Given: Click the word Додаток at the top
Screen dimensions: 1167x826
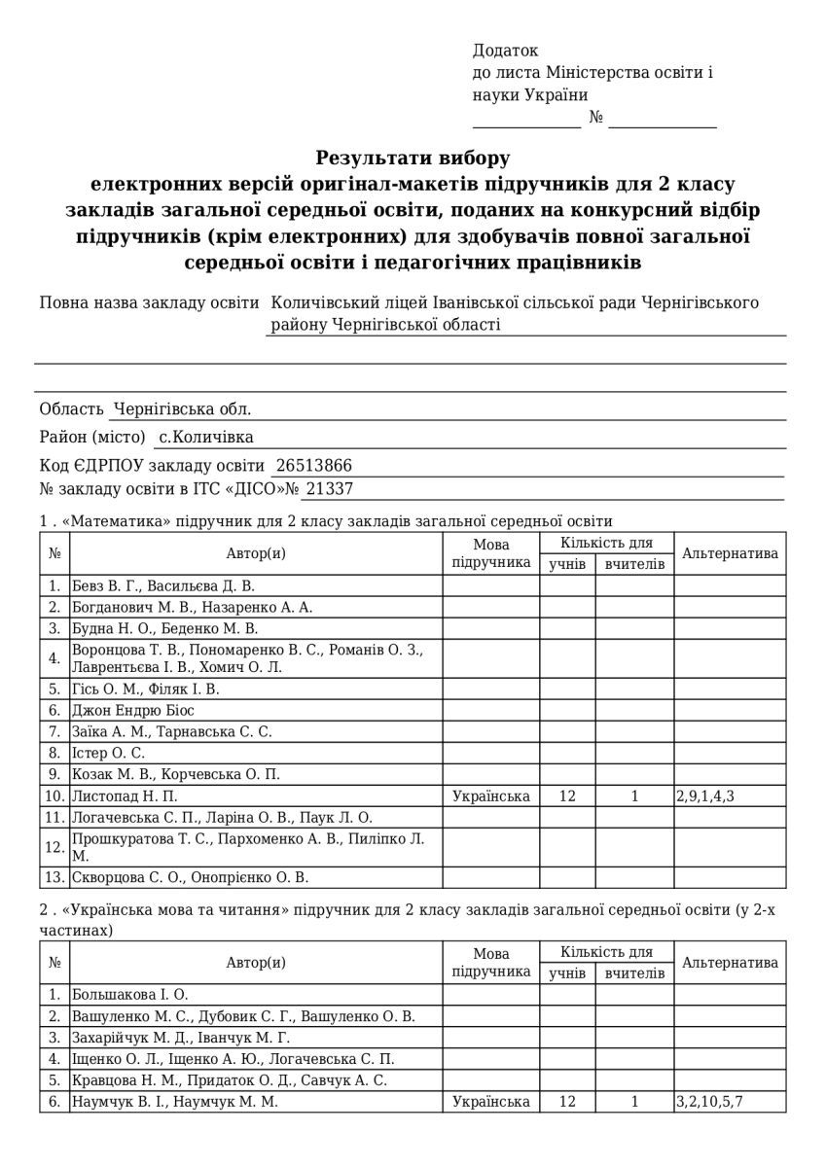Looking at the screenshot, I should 505,51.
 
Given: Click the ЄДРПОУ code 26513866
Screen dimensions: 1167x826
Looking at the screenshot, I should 314,465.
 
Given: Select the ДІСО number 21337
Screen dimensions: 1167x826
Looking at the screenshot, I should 330,489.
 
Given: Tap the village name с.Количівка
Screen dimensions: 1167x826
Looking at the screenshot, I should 206,437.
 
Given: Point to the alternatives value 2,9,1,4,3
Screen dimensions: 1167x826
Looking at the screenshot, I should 705,796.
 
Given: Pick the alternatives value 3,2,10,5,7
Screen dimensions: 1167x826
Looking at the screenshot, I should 715,1102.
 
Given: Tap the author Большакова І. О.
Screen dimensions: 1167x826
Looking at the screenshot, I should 129,994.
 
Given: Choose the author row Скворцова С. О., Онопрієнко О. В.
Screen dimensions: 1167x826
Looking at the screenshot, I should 190,877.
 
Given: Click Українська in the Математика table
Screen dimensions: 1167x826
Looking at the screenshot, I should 491,796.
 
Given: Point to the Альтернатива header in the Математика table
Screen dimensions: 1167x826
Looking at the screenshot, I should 730,553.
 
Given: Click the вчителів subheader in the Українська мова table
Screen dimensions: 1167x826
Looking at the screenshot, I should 634,972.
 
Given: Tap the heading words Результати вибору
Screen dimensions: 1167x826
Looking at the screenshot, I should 413,158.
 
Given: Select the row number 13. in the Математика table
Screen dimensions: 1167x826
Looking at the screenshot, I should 54,877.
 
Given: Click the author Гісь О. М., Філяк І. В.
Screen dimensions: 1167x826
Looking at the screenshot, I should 146,689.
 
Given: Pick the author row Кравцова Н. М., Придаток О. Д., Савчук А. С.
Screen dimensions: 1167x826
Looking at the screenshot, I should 230,1080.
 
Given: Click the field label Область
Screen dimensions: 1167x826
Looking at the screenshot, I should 72,409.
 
